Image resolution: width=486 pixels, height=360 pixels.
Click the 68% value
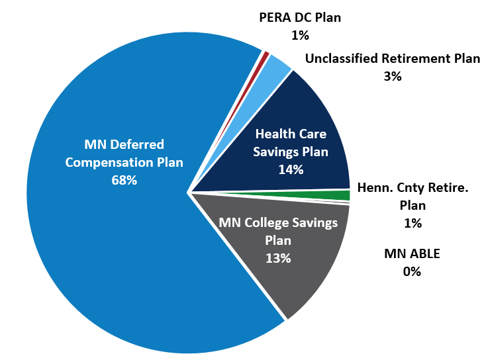(x=124, y=179)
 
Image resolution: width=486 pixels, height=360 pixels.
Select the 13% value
(x=278, y=258)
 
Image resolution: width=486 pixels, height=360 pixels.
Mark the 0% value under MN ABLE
(x=412, y=271)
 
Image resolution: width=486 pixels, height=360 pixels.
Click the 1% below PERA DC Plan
(x=299, y=34)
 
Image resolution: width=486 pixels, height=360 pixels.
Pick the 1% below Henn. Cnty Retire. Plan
(x=412, y=223)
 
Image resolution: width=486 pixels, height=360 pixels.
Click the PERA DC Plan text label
(x=299, y=18)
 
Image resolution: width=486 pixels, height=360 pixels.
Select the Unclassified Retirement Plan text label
(x=392, y=59)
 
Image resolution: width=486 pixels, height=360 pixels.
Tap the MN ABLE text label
(x=412, y=253)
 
